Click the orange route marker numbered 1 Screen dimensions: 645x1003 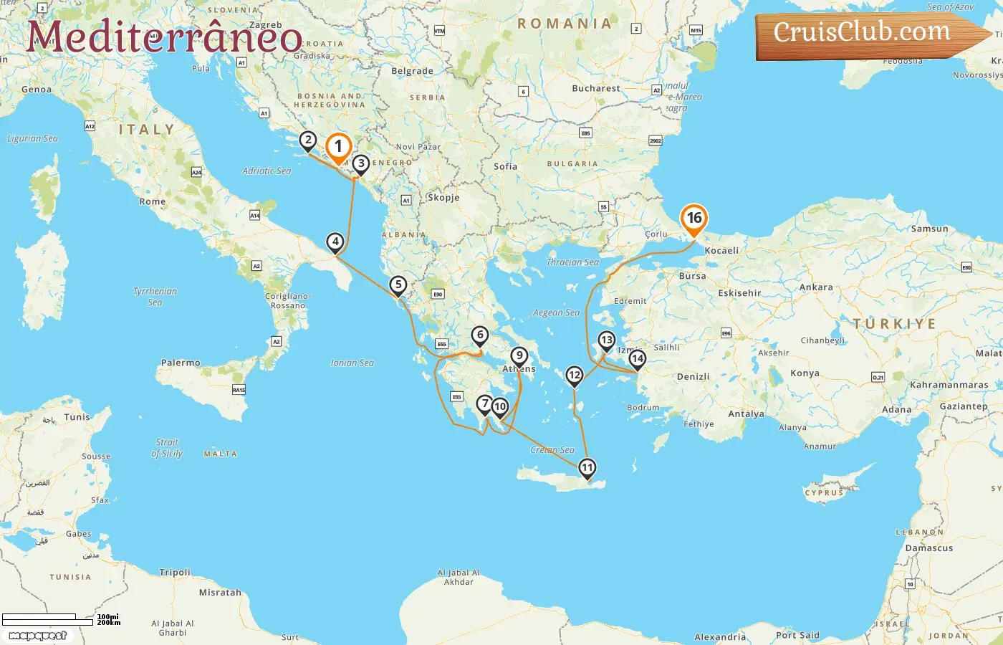click(x=338, y=148)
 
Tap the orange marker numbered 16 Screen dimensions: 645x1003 click(x=694, y=219)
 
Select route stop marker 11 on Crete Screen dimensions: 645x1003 click(x=587, y=468)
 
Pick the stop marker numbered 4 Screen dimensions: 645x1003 click(x=335, y=242)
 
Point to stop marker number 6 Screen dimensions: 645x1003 click(x=480, y=335)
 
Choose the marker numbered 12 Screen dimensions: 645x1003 click(x=575, y=375)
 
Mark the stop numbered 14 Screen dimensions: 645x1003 click(x=637, y=358)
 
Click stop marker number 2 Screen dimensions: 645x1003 click(x=308, y=140)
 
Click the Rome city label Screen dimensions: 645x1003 click(x=153, y=202)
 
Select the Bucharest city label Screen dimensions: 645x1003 click(x=596, y=88)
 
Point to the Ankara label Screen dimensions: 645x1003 click(x=816, y=287)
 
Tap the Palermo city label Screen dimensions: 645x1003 click(x=181, y=363)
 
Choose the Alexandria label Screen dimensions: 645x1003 click(x=720, y=637)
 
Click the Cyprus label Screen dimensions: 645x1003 click(x=824, y=493)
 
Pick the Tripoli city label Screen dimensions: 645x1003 click(x=175, y=573)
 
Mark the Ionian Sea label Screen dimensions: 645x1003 click(x=352, y=363)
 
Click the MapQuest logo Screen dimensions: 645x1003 click(x=38, y=636)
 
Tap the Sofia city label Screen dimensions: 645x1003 click(x=505, y=166)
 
